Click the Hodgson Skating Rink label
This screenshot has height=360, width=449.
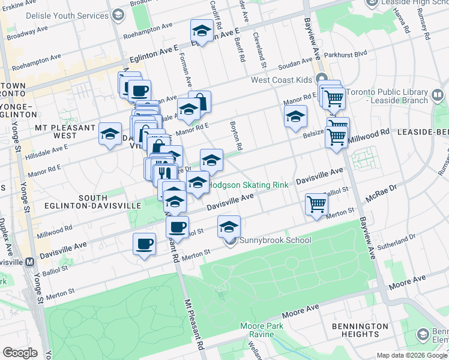(249, 185)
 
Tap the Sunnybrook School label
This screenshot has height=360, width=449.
(276, 241)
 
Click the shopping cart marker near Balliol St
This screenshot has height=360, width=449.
(316, 204)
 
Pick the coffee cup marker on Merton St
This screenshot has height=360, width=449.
(143, 244)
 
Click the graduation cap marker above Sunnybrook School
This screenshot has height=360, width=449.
(229, 227)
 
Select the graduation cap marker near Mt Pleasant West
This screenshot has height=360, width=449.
(110, 134)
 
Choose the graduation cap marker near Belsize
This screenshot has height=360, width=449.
(295, 117)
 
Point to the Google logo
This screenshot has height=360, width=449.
(20, 353)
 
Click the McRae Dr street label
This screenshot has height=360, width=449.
(384, 189)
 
